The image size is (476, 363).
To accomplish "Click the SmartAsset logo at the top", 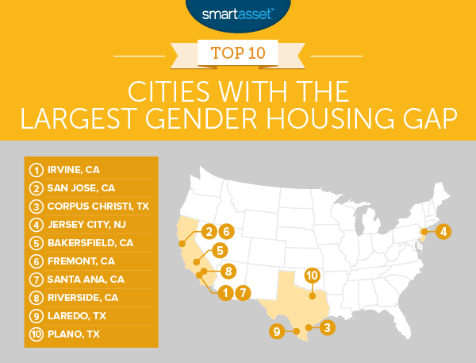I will pos(237,12).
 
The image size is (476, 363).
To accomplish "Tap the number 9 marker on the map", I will pos(277,331).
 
